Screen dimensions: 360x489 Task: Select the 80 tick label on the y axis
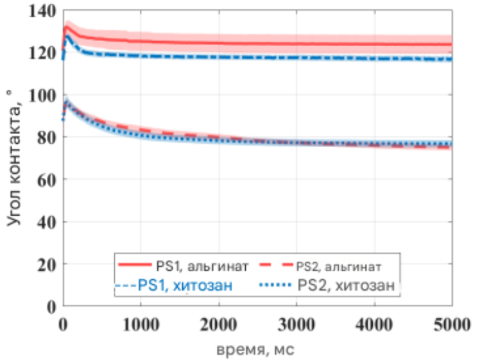47,137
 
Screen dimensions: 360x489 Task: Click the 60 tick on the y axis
47,180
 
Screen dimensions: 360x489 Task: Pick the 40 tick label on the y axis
47,222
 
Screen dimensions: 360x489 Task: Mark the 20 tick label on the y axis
47,264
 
